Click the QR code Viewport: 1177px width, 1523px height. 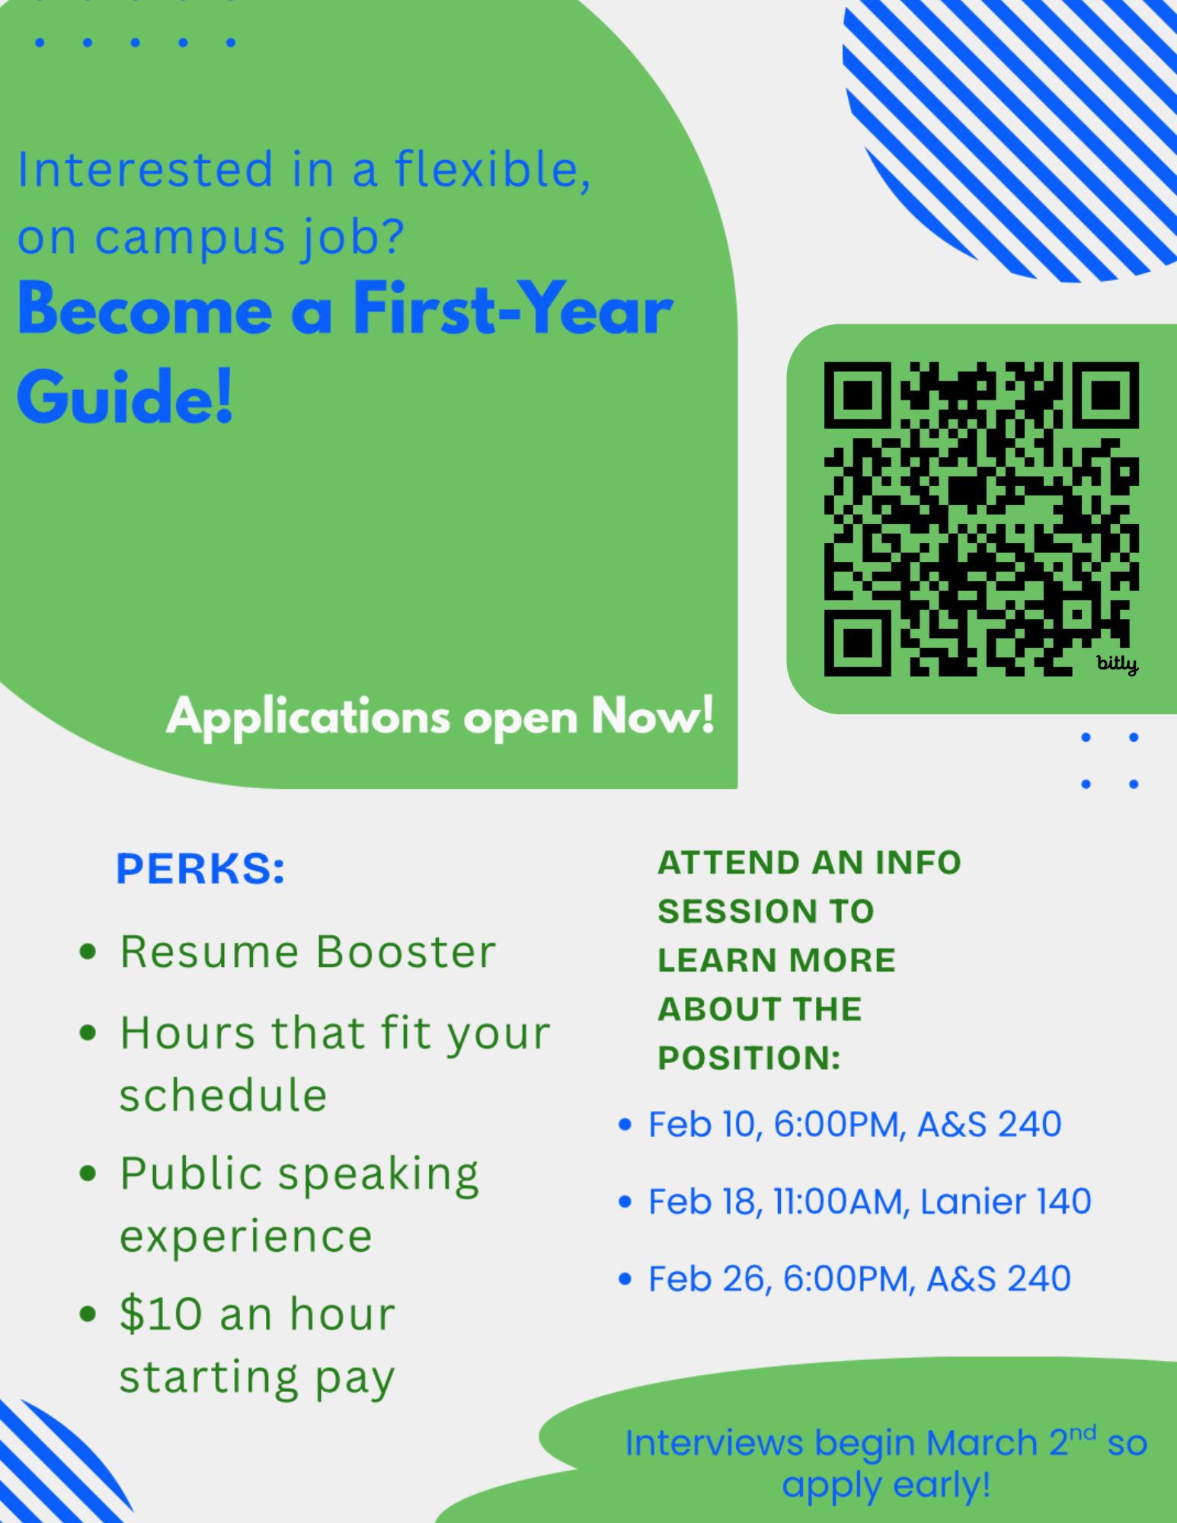981,519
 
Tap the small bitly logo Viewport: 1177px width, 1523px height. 1118,664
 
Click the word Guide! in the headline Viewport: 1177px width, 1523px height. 125,398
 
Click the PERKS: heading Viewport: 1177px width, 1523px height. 200,869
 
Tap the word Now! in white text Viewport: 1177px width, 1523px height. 654,717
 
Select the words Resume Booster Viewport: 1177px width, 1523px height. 308,952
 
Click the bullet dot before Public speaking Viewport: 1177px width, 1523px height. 88,1173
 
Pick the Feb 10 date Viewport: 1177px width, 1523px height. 701,1125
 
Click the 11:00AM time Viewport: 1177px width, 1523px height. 839,1202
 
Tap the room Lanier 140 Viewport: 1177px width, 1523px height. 1006,1202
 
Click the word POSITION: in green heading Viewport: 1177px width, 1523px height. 749,1058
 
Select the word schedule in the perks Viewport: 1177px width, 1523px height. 223,1095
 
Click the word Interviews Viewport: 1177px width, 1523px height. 715,1442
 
